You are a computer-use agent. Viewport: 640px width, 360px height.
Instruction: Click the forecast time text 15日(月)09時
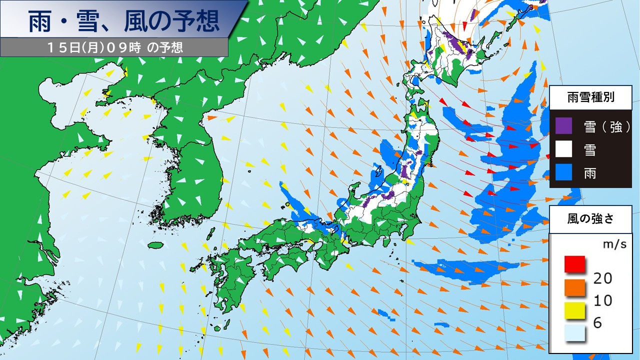click(95, 47)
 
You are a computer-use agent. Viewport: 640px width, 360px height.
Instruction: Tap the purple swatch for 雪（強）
click(563, 126)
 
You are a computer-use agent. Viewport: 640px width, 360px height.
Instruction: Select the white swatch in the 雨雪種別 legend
click(563, 149)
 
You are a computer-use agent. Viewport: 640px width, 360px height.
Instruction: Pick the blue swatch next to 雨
click(563, 172)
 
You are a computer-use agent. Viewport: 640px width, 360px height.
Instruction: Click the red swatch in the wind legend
click(575, 263)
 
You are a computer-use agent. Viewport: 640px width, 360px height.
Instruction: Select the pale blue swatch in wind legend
click(575, 333)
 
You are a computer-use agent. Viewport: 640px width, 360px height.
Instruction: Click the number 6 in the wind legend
click(597, 323)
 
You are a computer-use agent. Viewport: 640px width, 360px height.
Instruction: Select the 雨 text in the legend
click(590, 172)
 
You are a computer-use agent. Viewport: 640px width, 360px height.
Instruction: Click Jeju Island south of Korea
click(156, 245)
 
